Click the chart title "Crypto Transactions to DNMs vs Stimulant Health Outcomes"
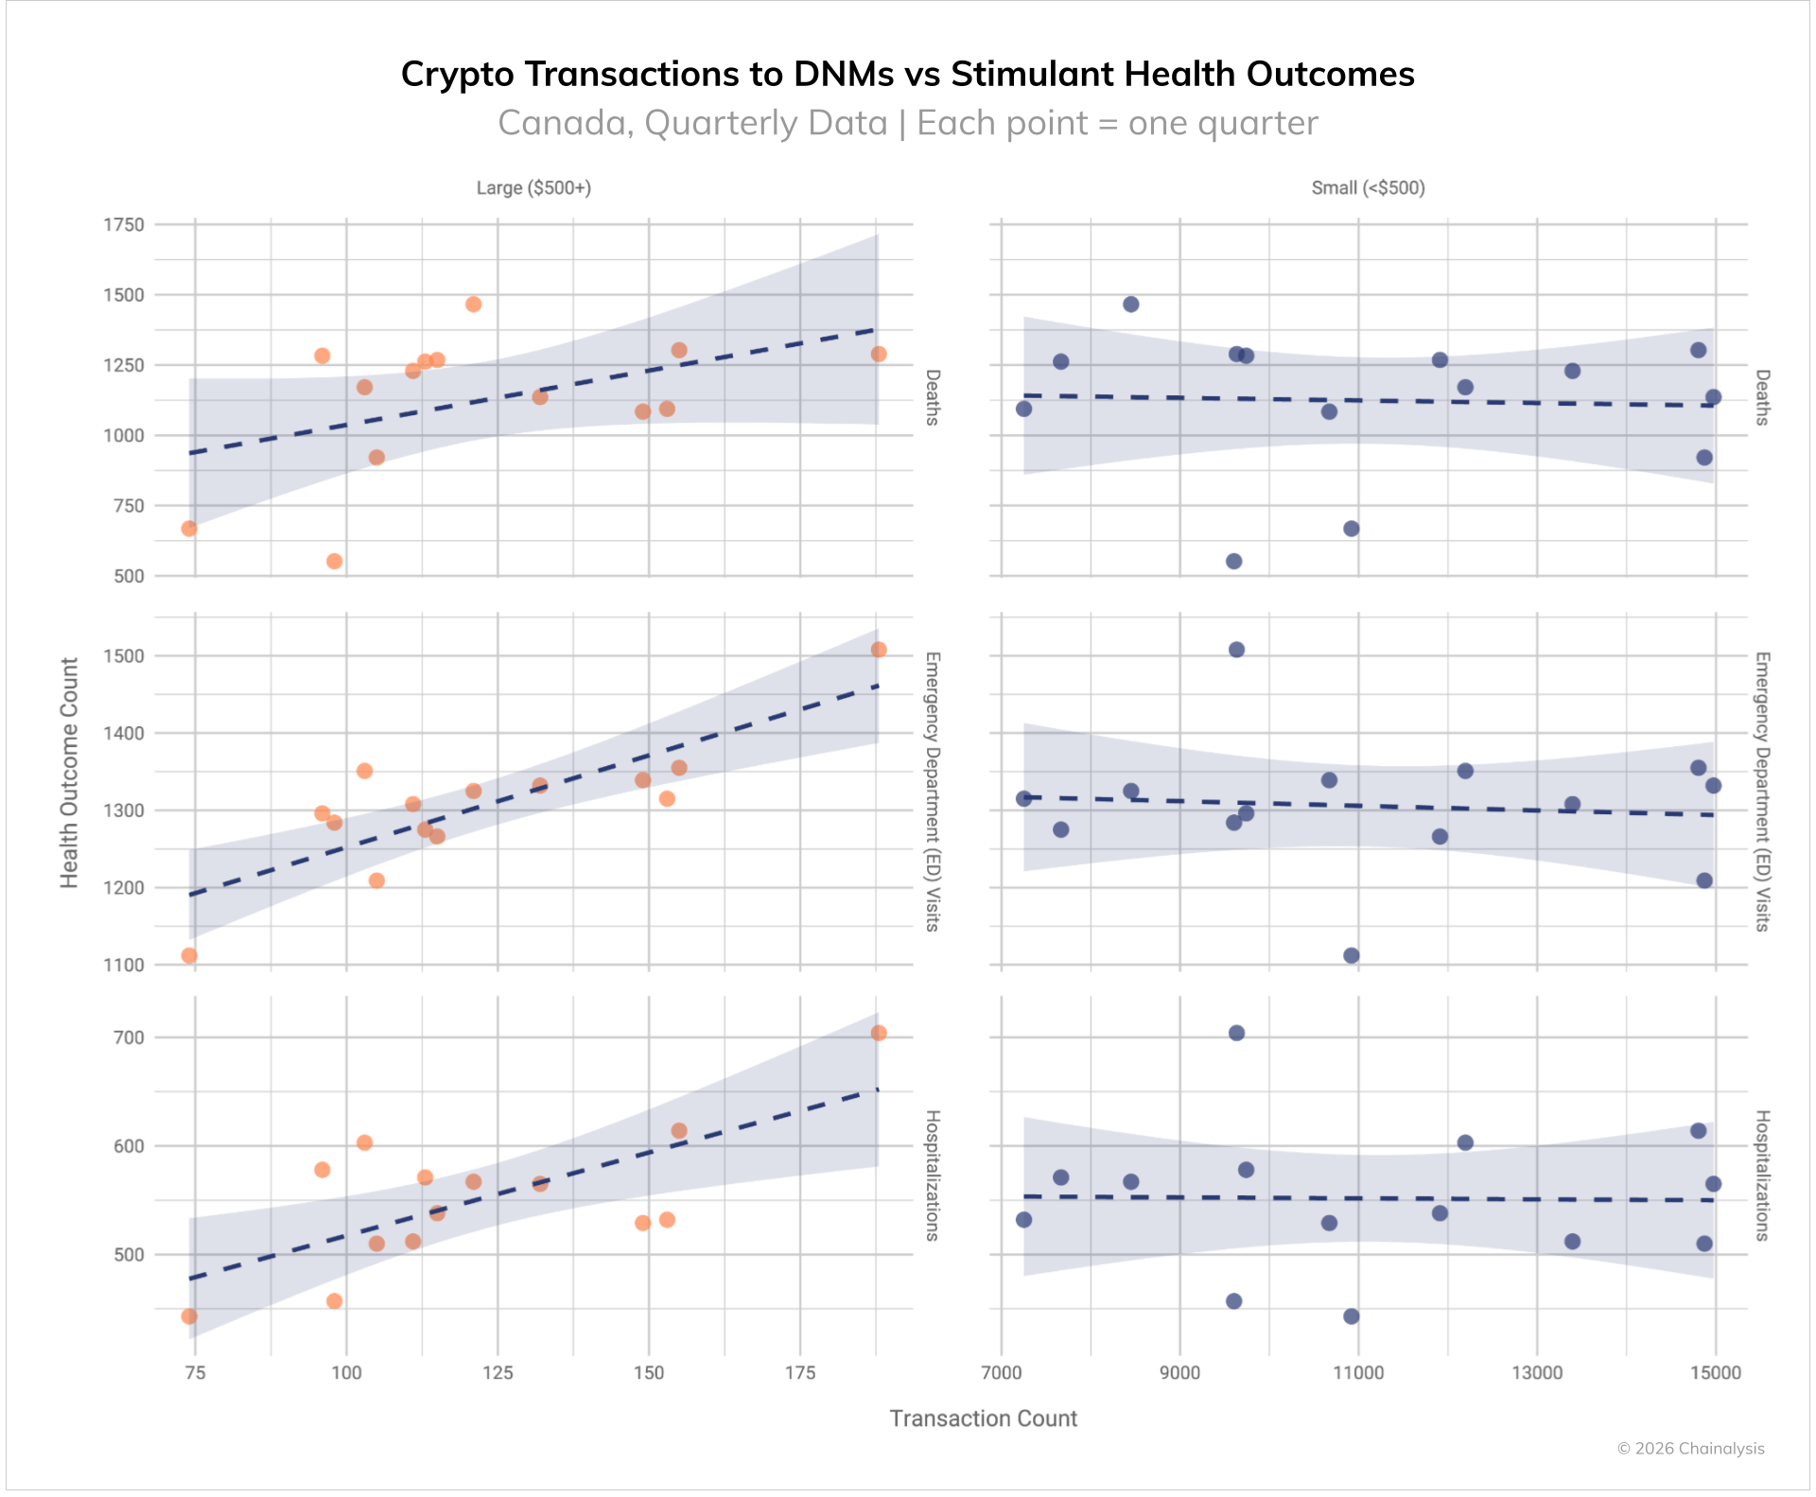tap(907, 74)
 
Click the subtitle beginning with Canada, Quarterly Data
tap(907, 123)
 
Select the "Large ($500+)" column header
tap(533, 187)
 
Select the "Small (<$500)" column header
tap(1368, 187)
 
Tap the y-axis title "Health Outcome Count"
tap(69, 773)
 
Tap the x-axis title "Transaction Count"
tap(983, 1419)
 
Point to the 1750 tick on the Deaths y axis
tap(124, 225)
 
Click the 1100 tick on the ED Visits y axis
tap(124, 966)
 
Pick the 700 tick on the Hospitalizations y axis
tap(129, 1037)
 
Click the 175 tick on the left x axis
tap(800, 1373)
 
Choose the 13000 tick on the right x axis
tap(1537, 1373)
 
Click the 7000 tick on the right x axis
tap(1002, 1373)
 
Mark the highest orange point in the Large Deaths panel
tap(474, 305)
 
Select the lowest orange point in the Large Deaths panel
tap(334, 562)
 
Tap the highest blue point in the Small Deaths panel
tap(1131, 305)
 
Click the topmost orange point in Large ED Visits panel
tap(879, 650)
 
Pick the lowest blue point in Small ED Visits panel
tap(1352, 956)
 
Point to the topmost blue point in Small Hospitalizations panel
tap(1236, 1034)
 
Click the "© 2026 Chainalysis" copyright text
tap(1690, 1449)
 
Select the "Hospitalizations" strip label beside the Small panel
tap(1762, 1175)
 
